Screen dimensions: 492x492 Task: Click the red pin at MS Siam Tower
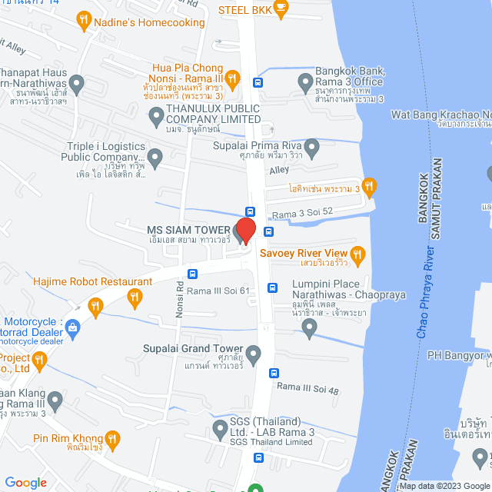(244, 231)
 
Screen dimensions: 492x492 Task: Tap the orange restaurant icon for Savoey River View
(357, 253)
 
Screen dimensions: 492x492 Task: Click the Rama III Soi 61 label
(219, 291)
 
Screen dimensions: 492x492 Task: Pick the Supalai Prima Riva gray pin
(311, 146)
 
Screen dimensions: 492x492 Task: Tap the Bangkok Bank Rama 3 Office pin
(305, 79)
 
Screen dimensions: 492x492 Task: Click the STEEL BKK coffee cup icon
(281, 9)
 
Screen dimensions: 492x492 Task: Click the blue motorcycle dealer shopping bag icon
(73, 327)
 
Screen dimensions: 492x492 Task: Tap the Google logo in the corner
(25, 482)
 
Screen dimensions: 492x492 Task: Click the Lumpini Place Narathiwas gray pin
(309, 328)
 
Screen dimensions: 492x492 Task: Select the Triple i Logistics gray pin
(155, 160)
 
